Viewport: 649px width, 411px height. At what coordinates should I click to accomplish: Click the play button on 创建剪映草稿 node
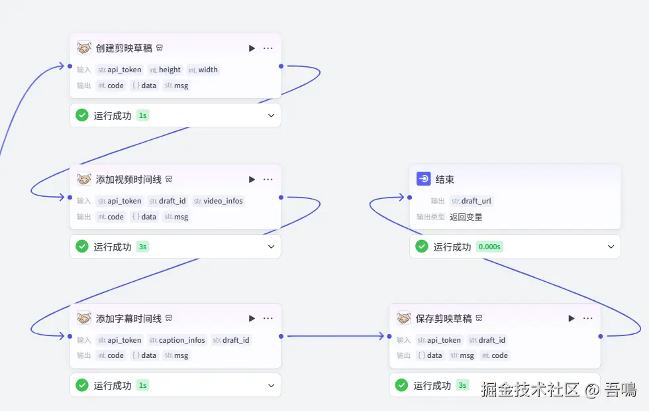[x=252, y=48]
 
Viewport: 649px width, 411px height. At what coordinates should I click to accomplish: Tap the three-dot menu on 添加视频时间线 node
[x=268, y=180]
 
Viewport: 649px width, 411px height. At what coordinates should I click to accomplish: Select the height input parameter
[x=165, y=70]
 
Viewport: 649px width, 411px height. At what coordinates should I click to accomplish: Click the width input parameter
[x=203, y=70]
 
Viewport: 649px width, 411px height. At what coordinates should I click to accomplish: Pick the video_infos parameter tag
[x=218, y=201]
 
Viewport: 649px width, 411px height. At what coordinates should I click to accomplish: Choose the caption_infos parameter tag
[x=177, y=340]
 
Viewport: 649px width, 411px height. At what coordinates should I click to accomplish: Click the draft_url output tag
[x=472, y=201]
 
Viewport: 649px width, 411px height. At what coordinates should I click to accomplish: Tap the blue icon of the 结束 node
[x=423, y=179]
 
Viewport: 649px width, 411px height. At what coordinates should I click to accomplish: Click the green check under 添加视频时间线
[x=82, y=247]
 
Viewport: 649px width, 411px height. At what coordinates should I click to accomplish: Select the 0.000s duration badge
[x=489, y=247]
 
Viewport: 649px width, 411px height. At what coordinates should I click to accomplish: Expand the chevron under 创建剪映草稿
[x=271, y=115]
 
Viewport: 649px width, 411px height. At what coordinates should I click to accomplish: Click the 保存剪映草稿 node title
[x=443, y=318]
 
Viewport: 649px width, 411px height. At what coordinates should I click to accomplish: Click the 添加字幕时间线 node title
[x=128, y=318]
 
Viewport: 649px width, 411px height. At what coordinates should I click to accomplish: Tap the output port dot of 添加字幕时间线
[x=281, y=337]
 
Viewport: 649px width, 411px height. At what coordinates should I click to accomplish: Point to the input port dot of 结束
[x=409, y=198]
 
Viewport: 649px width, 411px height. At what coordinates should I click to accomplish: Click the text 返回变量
[x=466, y=217]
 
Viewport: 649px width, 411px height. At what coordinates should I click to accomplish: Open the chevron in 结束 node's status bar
[x=611, y=247]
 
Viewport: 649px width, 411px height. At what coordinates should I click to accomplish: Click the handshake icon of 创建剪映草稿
[x=84, y=48]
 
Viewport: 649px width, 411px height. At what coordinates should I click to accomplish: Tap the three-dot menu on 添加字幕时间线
[x=268, y=318]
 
